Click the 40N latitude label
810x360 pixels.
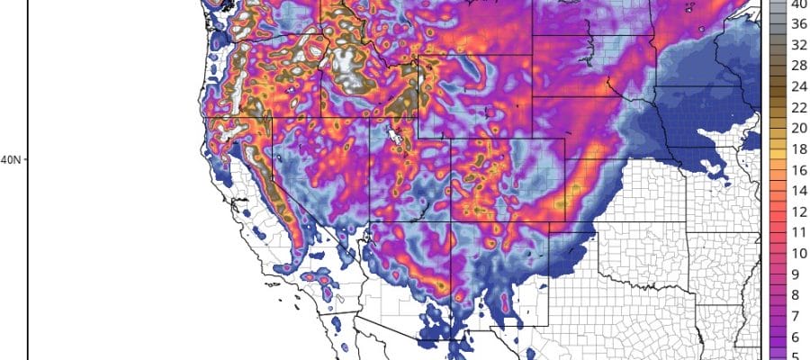pyautogui.click(x=10, y=160)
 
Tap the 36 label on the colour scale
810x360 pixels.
pyautogui.click(x=797, y=25)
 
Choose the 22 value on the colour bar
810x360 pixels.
pyautogui.click(x=797, y=108)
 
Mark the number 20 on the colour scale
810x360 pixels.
pyautogui.click(x=797, y=129)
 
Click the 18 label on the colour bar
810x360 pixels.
pyautogui.click(x=797, y=149)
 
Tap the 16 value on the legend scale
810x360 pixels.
pyautogui.click(x=797, y=170)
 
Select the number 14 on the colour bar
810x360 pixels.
pyautogui.click(x=797, y=191)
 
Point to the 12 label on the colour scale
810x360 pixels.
pyautogui.click(x=797, y=211)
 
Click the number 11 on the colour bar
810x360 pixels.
pyautogui.click(x=797, y=232)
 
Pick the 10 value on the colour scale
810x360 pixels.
pyautogui.click(x=797, y=253)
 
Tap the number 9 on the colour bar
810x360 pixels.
pyautogui.click(x=797, y=274)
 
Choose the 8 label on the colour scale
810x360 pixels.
pyautogui.click(x=797, y=294)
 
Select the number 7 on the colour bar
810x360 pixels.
pyautogui.click(x=797, y=315)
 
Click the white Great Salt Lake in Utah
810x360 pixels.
pyautogui.click(x=393, y=136)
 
